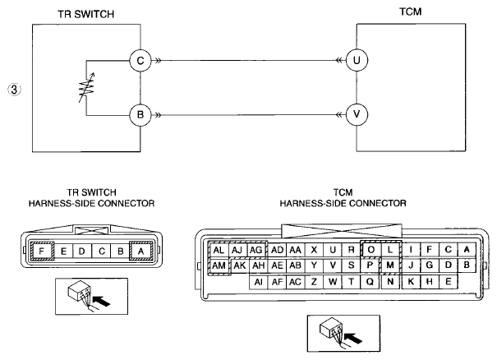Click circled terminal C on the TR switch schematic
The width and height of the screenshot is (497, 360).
click(x=140, y=60)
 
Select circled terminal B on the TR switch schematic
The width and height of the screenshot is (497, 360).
click(x=140, y=115)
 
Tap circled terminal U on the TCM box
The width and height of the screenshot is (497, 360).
click(x=357, y=60)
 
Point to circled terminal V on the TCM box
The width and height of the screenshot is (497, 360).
click(x=357, y=114)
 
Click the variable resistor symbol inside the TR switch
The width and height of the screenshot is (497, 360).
click(x=86, y=88)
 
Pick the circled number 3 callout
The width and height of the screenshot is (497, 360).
click(x=14, y=90)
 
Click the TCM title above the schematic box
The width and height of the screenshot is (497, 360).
click(x=411, y=12)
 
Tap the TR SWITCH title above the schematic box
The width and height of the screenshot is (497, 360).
click(x=86, y=14)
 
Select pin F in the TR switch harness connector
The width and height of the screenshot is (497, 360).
click(x=42, y=252)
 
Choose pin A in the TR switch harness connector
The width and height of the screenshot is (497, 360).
click(x=141, y=252)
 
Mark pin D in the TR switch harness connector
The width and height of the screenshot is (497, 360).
click(x=82, y=252)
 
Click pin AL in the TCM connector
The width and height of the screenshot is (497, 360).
click(x=219, y=250)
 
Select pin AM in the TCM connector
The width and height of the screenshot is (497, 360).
click(x=219, y=265)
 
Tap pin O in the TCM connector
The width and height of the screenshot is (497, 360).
click(x=370, y=250)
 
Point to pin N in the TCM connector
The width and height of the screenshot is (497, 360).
click(x=390, y=282)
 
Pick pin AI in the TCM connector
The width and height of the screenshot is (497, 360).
click(x=259, y=282)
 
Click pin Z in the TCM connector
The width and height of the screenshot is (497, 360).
click(x=314, y=282)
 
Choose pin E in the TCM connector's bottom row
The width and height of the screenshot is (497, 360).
click(x=449, y=282)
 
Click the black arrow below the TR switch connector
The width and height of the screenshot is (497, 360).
click(x=101, y=301)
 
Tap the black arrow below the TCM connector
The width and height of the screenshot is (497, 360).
click(x=352, y=338)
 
